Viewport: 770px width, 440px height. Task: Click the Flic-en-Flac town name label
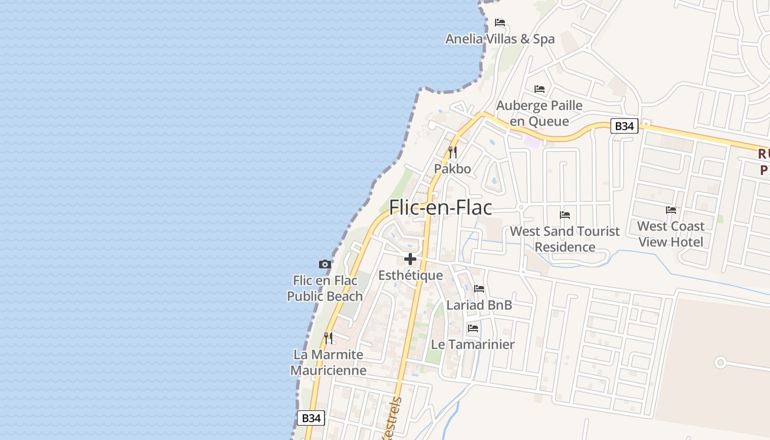[x=440, y=207]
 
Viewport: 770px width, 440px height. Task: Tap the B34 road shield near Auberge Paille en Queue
[x=624, y=126]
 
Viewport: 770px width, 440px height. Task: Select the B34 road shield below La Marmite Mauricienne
[x=311, y=418]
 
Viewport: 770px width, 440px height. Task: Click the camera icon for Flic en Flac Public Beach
[x=325, y=264]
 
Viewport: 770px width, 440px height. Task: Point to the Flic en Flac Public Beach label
[x=325, y=288]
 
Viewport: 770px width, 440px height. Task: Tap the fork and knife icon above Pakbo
[x=453, y=152]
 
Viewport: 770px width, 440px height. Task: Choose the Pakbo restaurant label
[x=453, y=169]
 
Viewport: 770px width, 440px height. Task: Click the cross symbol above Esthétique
[x=410, y=258]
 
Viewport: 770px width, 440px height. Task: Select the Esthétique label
[x=410, y=276]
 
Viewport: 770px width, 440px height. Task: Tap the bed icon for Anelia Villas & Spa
[x=500, y=23]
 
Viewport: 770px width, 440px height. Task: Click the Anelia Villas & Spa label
[x=500, y=39]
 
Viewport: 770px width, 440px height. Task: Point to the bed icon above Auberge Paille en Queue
[x=540, y=89]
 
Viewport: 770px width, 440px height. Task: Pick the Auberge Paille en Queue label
[x=539, y=113]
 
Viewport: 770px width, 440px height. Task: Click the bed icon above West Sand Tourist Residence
[x=565, y=215]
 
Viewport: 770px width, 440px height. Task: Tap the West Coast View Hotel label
[x=671, y=234]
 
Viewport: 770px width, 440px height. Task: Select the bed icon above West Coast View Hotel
[x=671, y=210]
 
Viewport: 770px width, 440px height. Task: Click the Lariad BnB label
[x=479, y=305]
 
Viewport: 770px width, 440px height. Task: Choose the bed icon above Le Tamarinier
[x=472, y=328]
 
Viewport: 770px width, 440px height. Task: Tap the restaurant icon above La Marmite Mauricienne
[x=328, y=338]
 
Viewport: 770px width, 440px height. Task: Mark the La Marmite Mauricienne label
[x=328, y=362]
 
